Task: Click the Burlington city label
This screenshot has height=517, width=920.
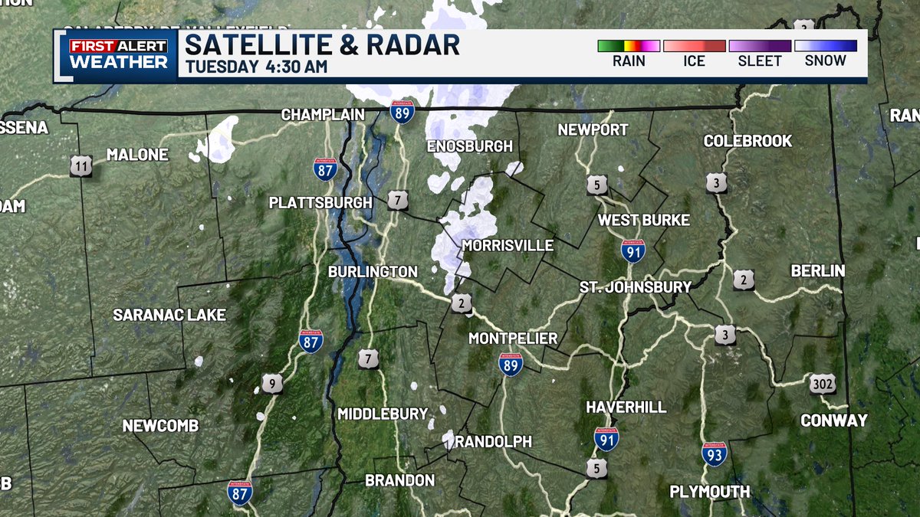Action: point(373,272)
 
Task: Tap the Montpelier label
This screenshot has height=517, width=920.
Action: point(513,339)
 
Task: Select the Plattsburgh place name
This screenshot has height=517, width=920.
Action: point(320,203)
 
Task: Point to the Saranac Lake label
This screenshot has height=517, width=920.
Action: point(169,315)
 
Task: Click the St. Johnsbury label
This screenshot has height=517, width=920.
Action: point(636,287)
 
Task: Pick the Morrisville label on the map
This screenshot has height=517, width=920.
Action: point(508,246)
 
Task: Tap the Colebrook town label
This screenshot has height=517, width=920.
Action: point(747,142)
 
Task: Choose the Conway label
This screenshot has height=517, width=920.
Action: point(834,420)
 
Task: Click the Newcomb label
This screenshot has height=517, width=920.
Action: point(161,426)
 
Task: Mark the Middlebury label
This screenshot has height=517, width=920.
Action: point(383,414)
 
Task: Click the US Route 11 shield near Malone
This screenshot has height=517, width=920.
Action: point(80,165)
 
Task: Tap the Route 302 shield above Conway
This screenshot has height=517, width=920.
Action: point(822,384)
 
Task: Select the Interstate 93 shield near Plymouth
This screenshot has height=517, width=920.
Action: point(715,454)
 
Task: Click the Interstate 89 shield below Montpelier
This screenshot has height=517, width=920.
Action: point(511,365)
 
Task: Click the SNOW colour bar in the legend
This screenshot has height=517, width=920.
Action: point(826,46)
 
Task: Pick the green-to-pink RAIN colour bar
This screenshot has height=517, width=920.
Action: point(629,46)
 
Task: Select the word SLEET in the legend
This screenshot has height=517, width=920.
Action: point(760,61)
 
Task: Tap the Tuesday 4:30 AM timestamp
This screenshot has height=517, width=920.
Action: point(257,67)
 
